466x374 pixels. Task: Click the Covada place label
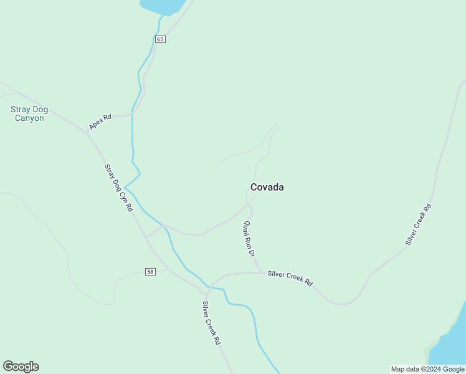click(267, 187)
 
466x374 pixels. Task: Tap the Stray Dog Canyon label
click(29, 113)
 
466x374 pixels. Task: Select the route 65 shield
click(160, 39)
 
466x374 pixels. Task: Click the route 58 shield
click(150, 271)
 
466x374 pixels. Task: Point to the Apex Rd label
click(100, 122)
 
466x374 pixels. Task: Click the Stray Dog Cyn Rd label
click(118, 188)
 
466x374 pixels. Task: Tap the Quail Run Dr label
click(249, 239)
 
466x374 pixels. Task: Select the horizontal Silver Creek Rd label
click(290, 277)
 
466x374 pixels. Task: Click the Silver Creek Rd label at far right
click(418, 224)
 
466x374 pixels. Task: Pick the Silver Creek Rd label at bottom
click(212, 324)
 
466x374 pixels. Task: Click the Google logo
click(21, 367)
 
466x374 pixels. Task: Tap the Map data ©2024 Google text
click(427, 369)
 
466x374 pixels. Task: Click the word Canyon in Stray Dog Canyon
click(29, 118)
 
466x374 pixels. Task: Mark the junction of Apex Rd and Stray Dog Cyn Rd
click(88, 133)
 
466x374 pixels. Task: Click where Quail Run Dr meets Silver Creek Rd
click(260, 272)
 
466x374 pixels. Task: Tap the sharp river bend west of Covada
click(125, 186)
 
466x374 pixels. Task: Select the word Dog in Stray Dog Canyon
click(40, 110)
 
